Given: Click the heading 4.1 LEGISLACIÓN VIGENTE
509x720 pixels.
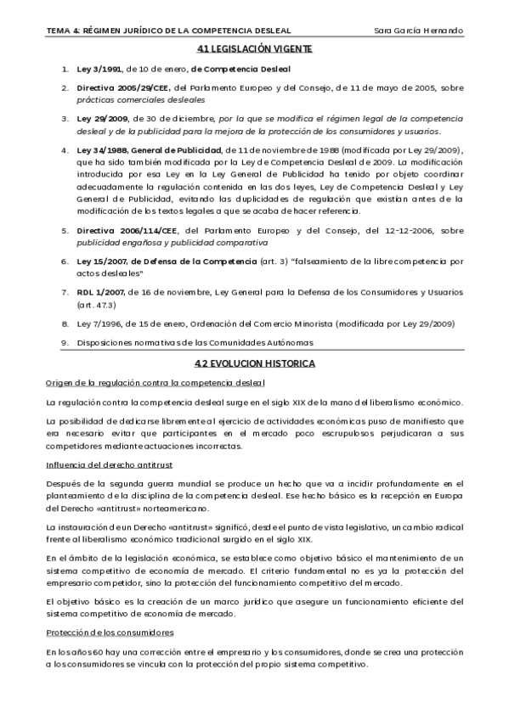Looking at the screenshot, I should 254,49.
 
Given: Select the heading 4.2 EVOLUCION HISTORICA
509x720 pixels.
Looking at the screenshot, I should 254,363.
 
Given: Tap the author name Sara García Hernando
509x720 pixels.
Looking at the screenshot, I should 418,31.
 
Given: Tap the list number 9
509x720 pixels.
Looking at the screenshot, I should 64,342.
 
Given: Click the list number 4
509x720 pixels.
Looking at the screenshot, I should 64,149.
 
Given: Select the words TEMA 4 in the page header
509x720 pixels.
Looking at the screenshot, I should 65,31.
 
